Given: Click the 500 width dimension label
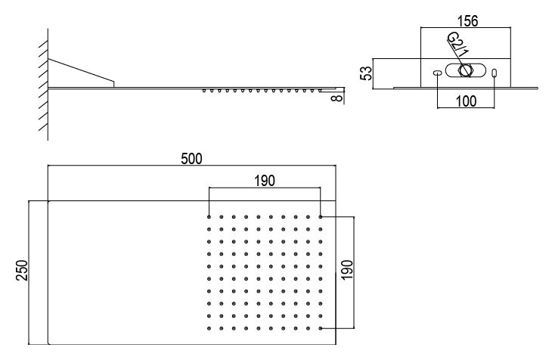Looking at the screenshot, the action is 191,159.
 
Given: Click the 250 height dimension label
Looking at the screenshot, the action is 22,270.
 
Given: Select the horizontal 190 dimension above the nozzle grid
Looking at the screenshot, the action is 265,181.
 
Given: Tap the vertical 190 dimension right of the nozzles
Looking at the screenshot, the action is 347,270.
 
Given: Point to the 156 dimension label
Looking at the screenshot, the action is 467,21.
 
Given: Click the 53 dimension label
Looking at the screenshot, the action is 367,73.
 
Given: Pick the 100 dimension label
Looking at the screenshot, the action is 466,101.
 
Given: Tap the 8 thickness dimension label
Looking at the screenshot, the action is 337,98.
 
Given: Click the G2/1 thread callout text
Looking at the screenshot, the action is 458,45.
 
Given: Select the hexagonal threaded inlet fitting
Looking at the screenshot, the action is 465,70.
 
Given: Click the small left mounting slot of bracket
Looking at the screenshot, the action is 437,73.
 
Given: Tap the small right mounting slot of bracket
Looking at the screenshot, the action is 495,73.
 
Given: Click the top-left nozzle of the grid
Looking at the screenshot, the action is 209,216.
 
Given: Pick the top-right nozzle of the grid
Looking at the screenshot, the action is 321,216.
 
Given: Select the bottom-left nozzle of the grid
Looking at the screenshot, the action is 209,328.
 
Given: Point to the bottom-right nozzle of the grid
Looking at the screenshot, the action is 321,328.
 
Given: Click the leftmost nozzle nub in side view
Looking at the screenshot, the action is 204,91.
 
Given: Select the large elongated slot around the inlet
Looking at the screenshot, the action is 465,70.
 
